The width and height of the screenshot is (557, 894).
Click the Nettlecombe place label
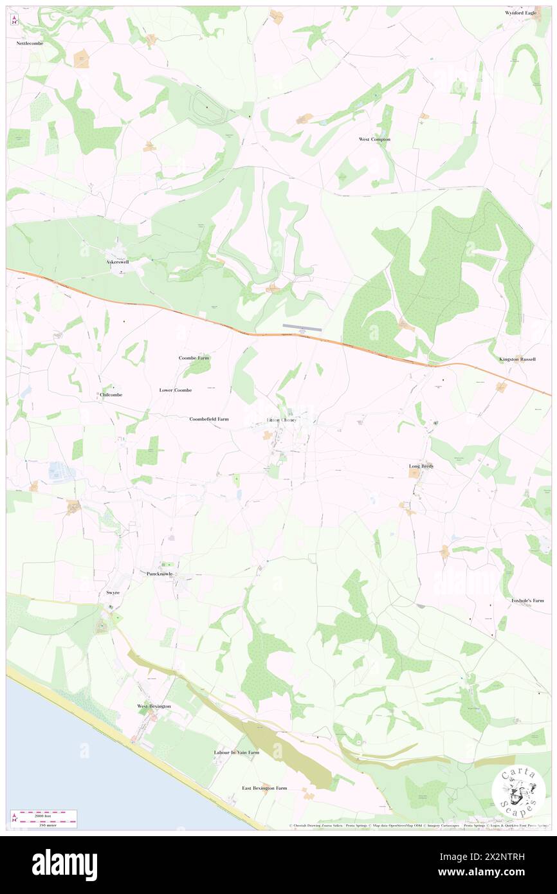tap(29, 42)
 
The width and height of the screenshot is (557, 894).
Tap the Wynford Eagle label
tap(520, 13)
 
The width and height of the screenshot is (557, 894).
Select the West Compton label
tap(374, 139)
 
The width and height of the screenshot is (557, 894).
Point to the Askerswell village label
tap(122, 262)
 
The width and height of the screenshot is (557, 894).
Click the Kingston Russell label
tap(517, 359)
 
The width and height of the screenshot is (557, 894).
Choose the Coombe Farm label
tap(194, 358)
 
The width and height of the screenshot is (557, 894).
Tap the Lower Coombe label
tap(175, 390)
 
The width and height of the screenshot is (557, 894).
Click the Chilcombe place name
tap(111, 395)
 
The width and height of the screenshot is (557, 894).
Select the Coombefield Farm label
tap(209, 419)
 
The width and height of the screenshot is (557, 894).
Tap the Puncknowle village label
tap(159, 573)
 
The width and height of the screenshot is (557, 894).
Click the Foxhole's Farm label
tap(527, 601)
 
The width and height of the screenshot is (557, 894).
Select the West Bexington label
tap(154, 706)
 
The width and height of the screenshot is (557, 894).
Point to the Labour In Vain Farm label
tap(237, 752)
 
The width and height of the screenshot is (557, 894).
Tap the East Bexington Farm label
tap(264, 788)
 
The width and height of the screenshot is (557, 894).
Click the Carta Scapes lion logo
tap(518, 791)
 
